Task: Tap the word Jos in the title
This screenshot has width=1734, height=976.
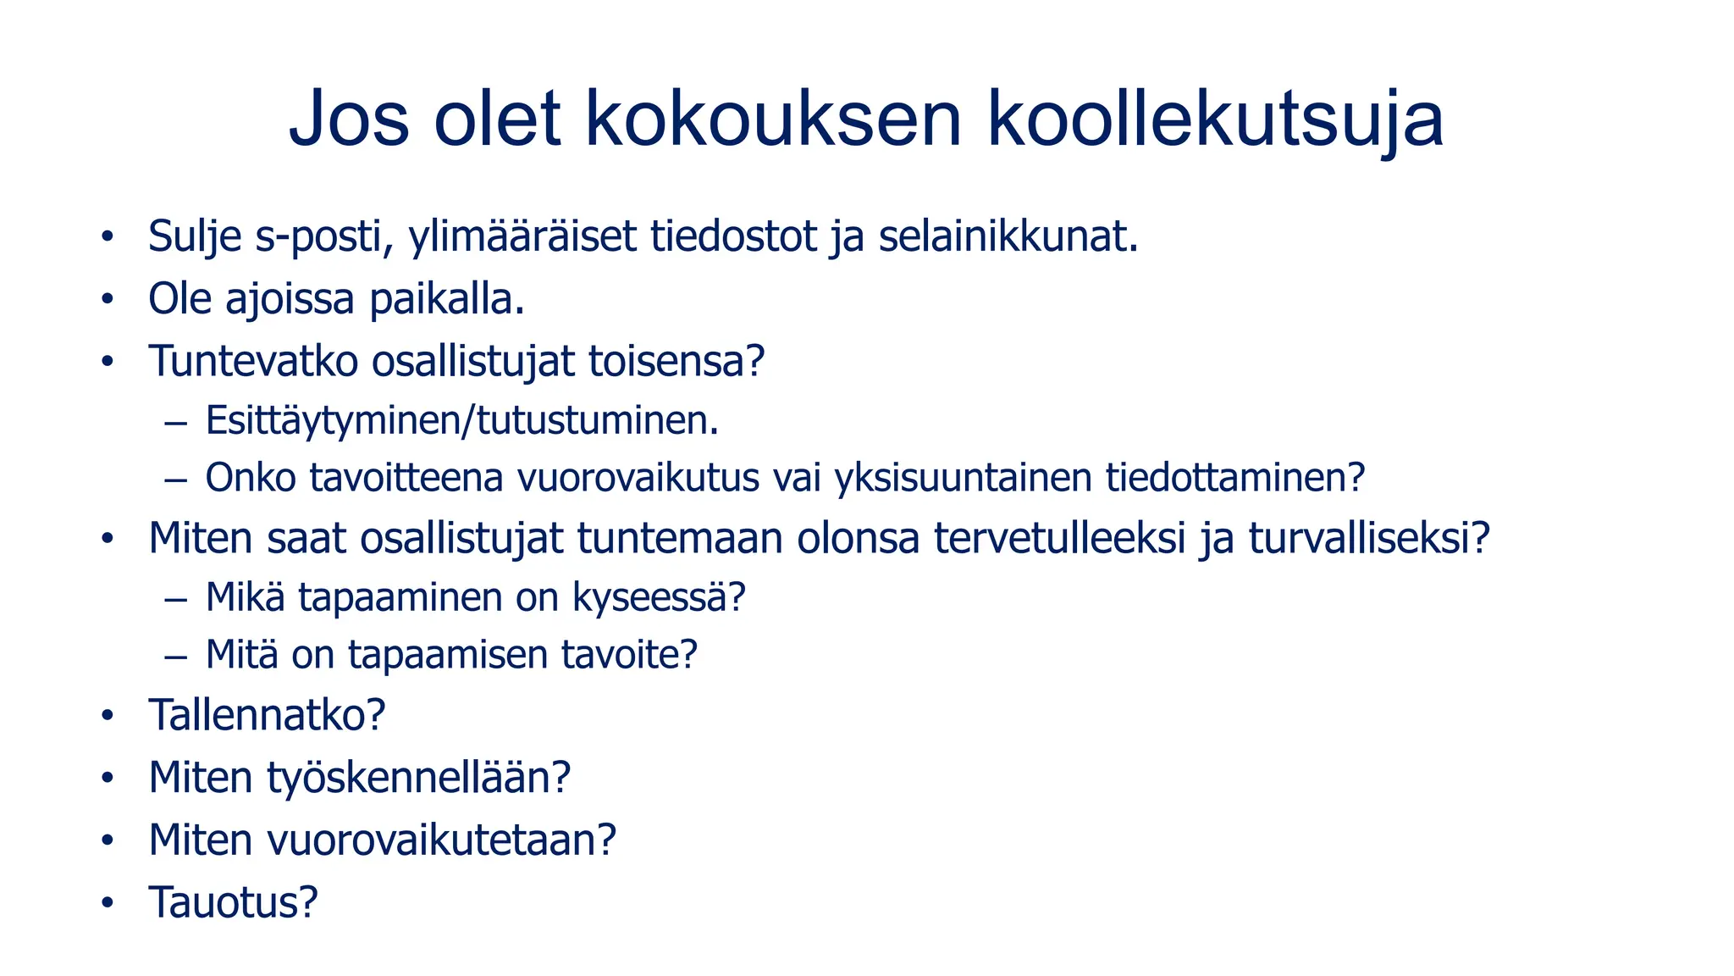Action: click(349, 119)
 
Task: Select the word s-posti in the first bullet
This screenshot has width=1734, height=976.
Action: click(324, 237)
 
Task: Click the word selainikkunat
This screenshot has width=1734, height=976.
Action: click(1008, 237)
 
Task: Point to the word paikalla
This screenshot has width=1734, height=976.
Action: click(447, 300)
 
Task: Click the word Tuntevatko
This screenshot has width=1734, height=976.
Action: click(254, 362)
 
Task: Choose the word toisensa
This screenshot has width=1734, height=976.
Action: click(676, 362)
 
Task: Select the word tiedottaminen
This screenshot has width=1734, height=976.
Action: click(1235, 479)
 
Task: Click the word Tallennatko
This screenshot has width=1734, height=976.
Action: click(267, 716)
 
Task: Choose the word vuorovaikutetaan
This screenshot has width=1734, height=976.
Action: click(441, 840)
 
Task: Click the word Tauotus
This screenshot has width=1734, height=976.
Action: click(233, 902)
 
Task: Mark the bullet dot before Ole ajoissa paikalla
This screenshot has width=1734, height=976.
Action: click(107, 300)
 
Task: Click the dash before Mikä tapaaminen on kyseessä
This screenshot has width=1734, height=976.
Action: click(176, 599)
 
